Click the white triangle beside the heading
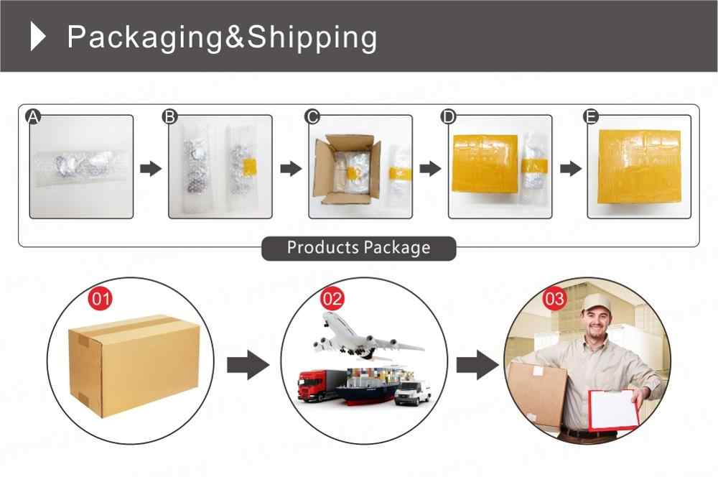(39, 37)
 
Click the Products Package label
(358, 248)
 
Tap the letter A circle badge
(32, 117)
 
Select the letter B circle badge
(171, 117)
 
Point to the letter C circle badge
(312, 117)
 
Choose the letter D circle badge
(449, 117)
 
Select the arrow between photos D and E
(570, 169)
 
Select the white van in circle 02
(412, 392)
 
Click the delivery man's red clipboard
(613, 409)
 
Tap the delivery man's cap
(595, 302)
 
